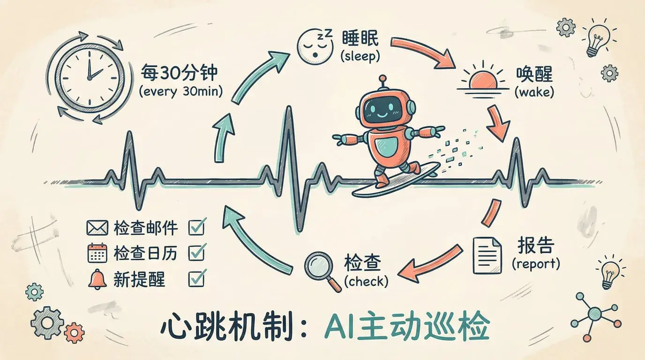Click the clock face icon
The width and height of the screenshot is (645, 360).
[x=90, y=77]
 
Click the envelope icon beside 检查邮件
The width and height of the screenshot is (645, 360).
[x=97, y=227]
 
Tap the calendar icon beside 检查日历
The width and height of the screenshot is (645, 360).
[x=97, y=253]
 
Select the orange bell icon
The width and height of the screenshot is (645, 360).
[x=97, y=279]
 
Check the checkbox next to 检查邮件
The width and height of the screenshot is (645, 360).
[x=197, y=227]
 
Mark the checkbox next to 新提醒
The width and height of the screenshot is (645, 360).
[x=197, y=278]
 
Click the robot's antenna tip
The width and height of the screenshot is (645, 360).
[x=382, y=78]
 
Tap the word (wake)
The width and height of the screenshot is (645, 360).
[x=534, y=92]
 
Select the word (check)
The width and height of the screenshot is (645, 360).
[x=366, y=281]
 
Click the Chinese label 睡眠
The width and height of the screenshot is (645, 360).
[x=360, y=38]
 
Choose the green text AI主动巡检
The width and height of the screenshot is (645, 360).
[x=406, y=328]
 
